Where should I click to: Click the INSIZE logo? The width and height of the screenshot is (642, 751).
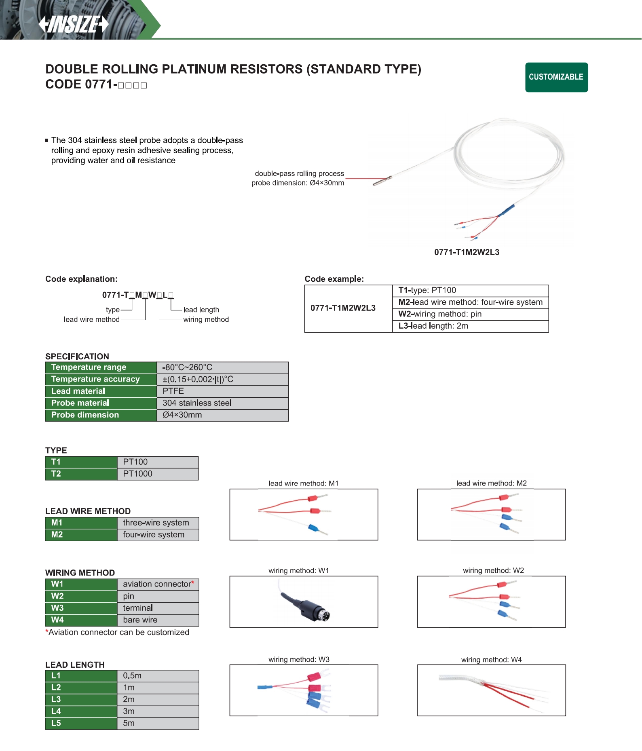click(x=74, y=24)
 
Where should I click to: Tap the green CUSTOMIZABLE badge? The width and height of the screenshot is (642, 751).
click(x=556, y=77)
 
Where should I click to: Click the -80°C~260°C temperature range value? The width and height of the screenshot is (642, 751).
click(x=187, y=367)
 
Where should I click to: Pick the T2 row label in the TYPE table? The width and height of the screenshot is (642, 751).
click(x=56, y=474)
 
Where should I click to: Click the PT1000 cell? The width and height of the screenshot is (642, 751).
click(x=137, y=474)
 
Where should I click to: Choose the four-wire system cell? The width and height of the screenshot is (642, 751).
click(x=154, y=535)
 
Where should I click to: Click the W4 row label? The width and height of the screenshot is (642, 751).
click(x=57, y=620)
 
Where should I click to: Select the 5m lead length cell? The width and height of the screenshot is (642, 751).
click(x=129, y=724)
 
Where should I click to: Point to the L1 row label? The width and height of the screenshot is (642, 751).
click(x=56, y=676)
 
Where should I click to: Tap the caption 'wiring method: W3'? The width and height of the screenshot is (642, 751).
click(x=299, y=660)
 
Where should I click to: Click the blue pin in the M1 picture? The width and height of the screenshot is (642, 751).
click(x=313, y=528)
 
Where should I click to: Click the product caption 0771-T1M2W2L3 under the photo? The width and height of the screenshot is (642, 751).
click(x=467, y=252)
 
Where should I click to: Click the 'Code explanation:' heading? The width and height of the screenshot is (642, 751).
click(x=81, y=279)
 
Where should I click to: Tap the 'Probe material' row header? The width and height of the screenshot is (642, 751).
click(x=80, y=403)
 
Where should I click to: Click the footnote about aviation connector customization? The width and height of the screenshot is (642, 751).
click(x=117, y=633)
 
